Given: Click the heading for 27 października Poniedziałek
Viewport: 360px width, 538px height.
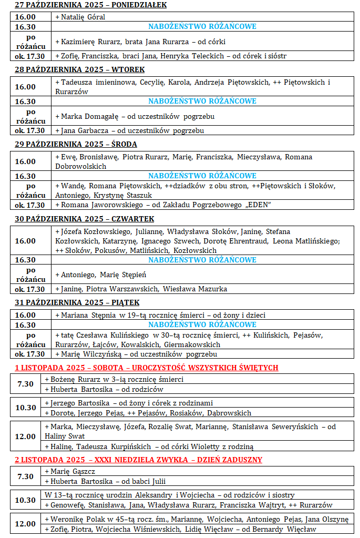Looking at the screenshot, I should (90, 5).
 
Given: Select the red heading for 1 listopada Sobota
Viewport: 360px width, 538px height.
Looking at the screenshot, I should (146, 367).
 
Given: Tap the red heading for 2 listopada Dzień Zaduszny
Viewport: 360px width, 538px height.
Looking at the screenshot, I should (138, 460).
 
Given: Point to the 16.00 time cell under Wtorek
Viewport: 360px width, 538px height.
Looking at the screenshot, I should (25, 87).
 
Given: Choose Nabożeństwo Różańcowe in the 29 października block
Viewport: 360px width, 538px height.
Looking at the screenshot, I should (202, 176).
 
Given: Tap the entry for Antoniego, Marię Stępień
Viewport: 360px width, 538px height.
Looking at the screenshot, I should (100, 275).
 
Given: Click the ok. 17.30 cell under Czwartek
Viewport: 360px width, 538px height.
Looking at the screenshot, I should (29, 289).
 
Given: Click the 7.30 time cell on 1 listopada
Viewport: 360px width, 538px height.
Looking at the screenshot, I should (25, 384).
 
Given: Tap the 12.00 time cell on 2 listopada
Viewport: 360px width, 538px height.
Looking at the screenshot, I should (25, 524).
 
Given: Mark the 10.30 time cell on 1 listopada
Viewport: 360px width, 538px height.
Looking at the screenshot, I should (25, 408).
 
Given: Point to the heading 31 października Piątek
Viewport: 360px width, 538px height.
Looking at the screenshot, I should (77, 302).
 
